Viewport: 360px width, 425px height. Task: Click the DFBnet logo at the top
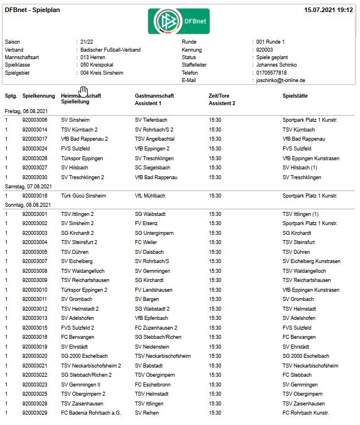coord(179,21)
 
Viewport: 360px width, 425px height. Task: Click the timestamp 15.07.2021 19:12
coord(328,10)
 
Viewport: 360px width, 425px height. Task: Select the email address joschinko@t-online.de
coord(281,81)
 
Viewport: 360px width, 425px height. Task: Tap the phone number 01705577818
coord(272,73)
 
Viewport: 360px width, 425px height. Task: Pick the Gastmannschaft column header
coord(154,95)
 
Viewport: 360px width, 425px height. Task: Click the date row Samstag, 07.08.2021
coord(28,187)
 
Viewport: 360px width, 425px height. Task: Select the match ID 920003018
coord(34,196)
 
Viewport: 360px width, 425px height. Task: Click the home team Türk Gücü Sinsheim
coord(83,196)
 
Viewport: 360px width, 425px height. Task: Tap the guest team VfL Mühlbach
coord(150,196)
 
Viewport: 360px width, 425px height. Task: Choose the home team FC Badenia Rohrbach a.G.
coord(91,413)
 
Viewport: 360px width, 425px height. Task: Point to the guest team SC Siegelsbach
coord(153,168)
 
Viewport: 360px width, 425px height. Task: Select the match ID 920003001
coord(34,214)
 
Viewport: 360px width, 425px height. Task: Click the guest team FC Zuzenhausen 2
coord(157,328)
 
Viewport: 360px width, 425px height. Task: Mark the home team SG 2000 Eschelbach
coord(84,356)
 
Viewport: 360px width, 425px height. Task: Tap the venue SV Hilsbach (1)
coord(301,168)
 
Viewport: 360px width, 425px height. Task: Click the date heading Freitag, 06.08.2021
coord(26,111)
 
